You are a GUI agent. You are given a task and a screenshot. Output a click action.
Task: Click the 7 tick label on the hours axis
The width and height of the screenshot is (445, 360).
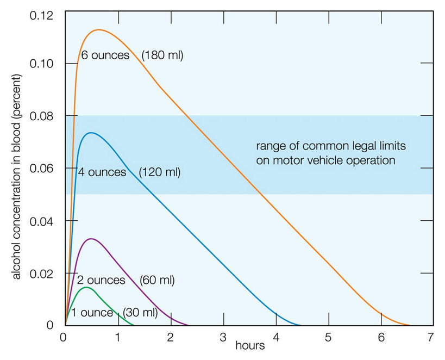point(431,338)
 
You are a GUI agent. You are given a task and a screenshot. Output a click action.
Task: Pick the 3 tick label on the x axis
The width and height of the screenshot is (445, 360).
point(223,338)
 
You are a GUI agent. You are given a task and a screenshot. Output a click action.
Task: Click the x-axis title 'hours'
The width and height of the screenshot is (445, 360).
point(250,345)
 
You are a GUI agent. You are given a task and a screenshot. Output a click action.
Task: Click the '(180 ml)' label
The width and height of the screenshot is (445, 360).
point(162,55)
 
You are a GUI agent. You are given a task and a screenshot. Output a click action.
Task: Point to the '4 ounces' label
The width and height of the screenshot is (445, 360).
point(102,173)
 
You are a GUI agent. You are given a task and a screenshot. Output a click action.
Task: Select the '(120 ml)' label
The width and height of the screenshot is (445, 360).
point(160,173)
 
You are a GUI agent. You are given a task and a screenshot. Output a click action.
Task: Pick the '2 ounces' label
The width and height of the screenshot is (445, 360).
point(101,281)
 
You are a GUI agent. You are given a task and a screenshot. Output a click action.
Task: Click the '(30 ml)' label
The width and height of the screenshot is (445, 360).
point(140,313)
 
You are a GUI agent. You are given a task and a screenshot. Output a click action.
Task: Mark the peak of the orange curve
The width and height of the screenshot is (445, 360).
point(99,30)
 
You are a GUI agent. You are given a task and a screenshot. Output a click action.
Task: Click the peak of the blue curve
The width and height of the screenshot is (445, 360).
point(91,133)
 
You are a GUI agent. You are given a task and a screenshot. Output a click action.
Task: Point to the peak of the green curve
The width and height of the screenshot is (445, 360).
point(86,287)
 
